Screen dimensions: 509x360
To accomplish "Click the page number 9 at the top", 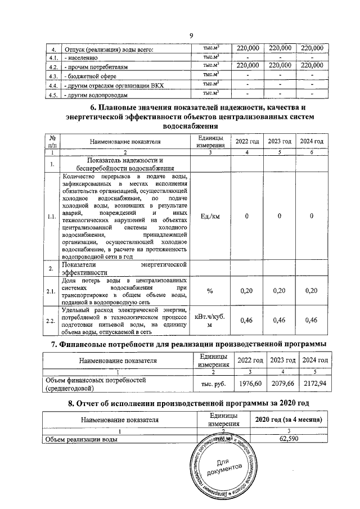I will (191, 37).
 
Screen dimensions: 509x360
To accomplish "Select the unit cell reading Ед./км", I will (209, 216).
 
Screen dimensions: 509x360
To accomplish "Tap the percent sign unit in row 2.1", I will (209, 291).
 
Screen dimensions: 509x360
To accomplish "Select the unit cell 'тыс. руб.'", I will (209, 383).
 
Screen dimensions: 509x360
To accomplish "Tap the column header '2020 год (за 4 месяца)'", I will (288, 420).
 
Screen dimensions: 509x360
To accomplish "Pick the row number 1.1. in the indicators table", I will (52, 216).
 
